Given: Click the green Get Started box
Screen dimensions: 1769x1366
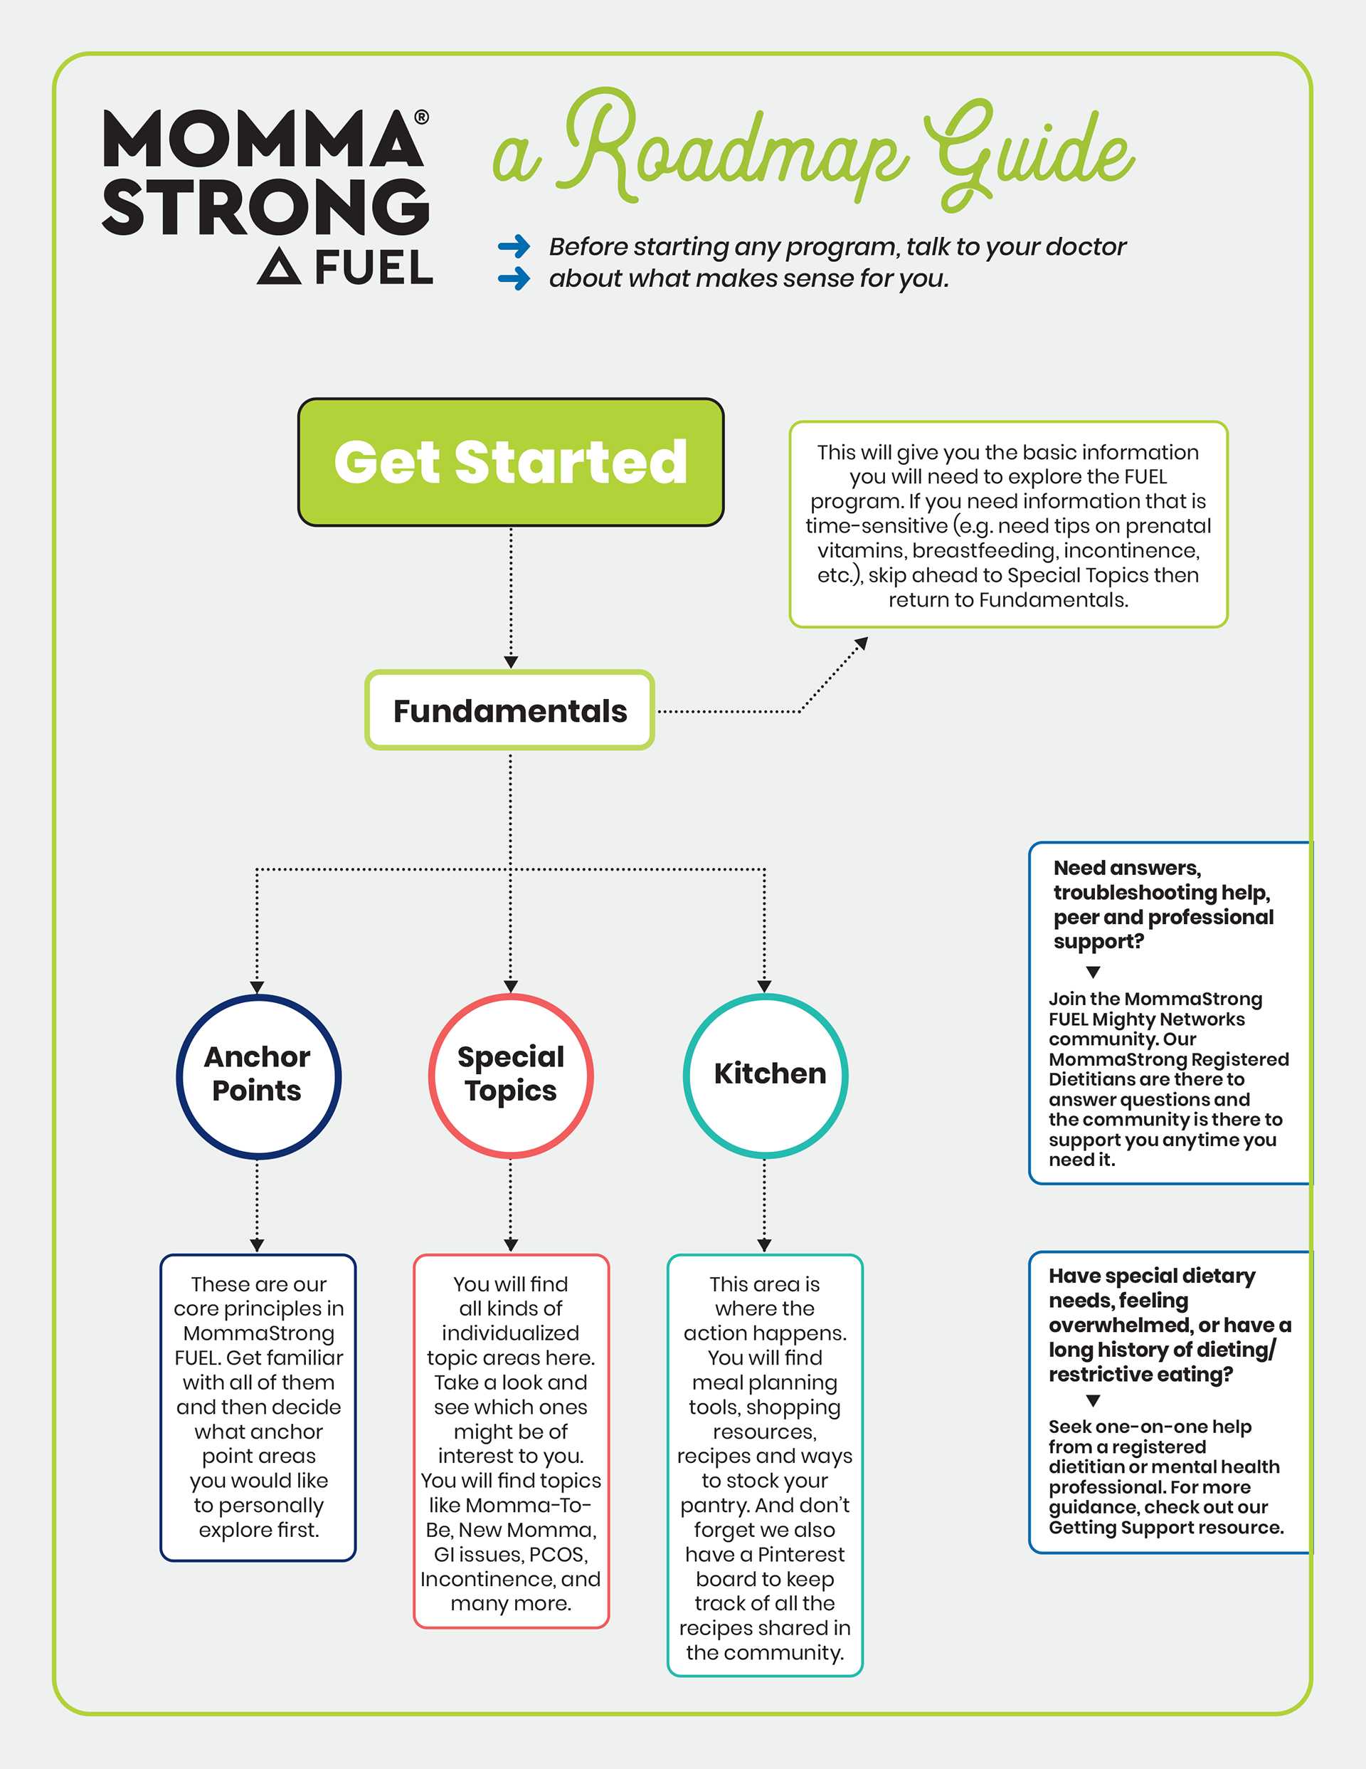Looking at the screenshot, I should coord(510,462).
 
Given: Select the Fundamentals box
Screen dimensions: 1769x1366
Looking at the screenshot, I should coord(509,710).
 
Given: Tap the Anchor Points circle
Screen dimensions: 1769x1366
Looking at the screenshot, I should coord(258,1076).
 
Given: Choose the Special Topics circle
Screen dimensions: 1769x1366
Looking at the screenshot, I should coord(511,1076).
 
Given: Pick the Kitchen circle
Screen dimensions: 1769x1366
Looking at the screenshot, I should coord(766,1074).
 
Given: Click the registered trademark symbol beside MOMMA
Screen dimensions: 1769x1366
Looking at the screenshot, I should coord(421,117).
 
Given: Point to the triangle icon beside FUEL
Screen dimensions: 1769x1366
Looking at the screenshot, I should coord(280,267).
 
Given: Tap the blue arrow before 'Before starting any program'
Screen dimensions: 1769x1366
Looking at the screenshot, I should coord(514,246).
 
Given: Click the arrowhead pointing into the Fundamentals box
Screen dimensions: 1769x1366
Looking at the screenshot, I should coord(511,662).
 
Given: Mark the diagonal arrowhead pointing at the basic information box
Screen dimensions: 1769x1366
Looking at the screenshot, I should coord(862,644).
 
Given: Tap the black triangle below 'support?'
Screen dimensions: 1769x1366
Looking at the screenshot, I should coord(1093,972).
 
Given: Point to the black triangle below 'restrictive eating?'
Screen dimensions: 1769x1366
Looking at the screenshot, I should coord(1093,1400).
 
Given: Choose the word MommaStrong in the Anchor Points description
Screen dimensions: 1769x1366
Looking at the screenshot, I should coord(258,1333).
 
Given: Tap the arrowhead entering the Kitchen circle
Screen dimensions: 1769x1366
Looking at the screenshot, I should coord(764,986).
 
